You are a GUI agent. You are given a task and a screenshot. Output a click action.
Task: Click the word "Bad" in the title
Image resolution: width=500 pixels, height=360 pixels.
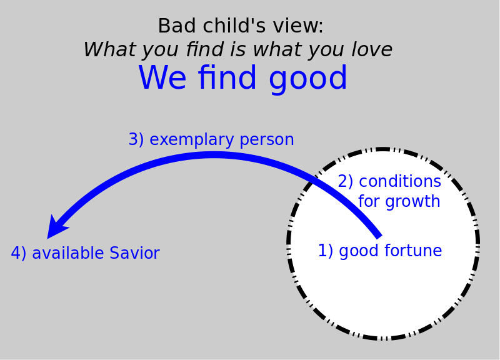[x=177, y=26]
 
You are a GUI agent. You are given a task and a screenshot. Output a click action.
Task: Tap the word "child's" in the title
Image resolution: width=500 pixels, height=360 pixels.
[x=234, y=26]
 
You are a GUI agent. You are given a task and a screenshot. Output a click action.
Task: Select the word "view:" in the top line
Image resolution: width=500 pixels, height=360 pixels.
[x=298, y=26]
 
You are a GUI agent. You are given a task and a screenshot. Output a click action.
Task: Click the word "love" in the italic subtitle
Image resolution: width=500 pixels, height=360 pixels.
[x=372, y=49]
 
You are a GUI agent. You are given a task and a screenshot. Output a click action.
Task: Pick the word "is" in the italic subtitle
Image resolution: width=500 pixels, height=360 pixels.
[x=238, y=49]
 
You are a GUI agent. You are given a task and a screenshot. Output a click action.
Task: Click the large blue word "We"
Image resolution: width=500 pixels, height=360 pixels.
[x=162, y=77]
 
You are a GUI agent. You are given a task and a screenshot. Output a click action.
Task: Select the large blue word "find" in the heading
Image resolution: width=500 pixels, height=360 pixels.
[x=227, y=77]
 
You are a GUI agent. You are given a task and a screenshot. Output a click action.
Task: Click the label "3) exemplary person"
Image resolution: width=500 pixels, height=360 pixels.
[x=211, y=139]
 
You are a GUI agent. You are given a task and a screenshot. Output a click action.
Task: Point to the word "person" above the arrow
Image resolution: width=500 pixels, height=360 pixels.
[x=267, y=140]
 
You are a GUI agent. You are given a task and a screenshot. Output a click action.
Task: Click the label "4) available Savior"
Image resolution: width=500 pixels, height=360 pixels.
[x=85, y=253]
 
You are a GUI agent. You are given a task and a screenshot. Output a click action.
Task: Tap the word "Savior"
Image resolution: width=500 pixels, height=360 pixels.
[x=134, y=253]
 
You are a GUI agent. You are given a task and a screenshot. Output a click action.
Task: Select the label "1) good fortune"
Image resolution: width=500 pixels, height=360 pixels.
[x=380, y=251]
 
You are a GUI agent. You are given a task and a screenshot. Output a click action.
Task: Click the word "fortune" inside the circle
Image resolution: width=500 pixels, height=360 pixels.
[x=413, y=250]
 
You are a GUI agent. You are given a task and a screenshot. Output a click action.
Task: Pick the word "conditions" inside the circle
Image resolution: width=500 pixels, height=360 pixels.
[x=400, y=181]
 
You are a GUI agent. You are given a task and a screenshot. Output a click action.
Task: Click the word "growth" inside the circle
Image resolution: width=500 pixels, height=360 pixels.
[x=412, y=202]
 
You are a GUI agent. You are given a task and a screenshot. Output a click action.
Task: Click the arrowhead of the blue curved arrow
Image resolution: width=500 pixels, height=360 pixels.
[x=57, y=227]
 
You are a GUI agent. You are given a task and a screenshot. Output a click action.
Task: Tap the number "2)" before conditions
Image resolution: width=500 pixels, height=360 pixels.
[x=346, y=181]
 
